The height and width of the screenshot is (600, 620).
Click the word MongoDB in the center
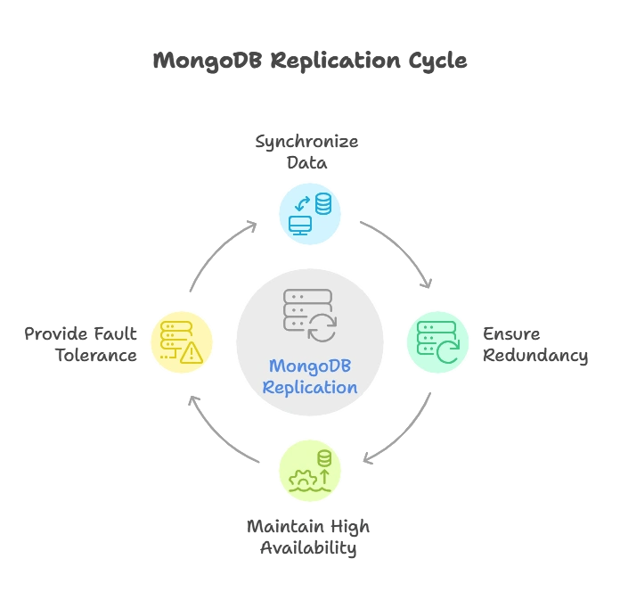click(310, 366)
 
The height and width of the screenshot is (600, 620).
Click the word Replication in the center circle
click(310, 387)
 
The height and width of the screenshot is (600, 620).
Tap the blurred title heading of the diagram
click(309, 62)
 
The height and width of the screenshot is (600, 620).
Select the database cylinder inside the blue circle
click(322, 204)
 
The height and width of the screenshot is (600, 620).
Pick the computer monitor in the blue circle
click(301, 225)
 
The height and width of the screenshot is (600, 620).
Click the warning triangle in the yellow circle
click(192, 354)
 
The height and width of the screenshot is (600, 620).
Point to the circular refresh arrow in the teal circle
click(447, 350)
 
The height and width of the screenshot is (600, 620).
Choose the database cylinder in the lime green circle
click(323, 458)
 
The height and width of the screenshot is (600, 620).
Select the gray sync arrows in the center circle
click(322, 327)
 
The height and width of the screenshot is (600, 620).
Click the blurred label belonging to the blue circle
click(309, 152)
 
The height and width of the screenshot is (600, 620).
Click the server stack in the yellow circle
click(173, 338)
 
